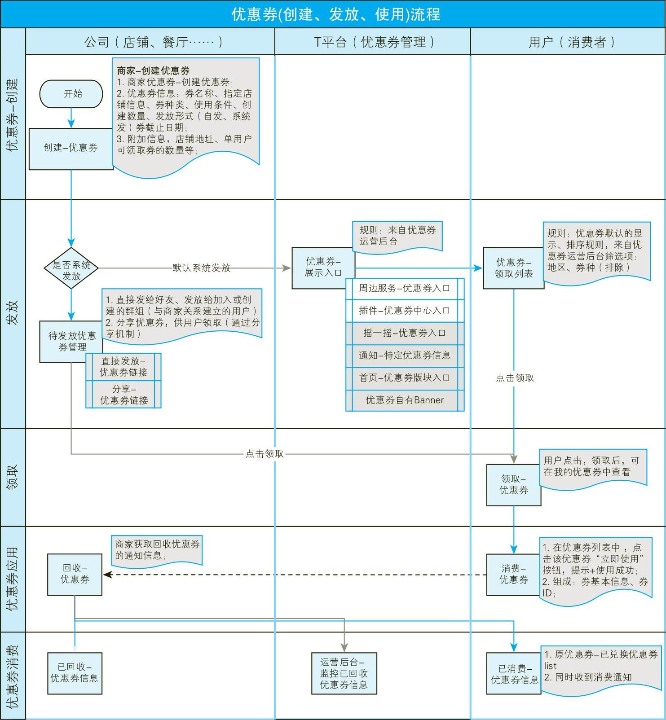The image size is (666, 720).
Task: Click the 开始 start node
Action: click(71, 94)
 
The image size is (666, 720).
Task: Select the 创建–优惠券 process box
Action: click(71, 149)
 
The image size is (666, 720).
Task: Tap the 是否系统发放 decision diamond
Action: click(71, 268)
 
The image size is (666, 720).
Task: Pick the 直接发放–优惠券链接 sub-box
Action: click(123, 367)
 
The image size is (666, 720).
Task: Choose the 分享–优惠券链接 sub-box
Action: click(123, 395)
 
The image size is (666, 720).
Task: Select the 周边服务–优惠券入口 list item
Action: click(404, 289)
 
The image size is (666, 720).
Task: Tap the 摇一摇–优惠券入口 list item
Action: click(404, 333)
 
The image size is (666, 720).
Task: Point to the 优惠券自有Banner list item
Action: click(404, 400)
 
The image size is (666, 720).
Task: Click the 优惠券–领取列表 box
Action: click(513, 268)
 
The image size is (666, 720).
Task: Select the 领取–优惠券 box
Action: click(513, 485)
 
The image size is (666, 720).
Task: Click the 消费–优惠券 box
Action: click(513, 575)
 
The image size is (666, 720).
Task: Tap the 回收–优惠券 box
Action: click(75, 575)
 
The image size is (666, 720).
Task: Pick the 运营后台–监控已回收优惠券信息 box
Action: click(344, 673)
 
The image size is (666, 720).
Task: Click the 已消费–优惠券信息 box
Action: click(514, 674)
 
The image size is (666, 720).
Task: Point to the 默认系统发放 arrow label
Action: click(202, 268)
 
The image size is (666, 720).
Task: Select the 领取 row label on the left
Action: click(13, 477)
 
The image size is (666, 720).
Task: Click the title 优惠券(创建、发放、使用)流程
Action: click(335, 14)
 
